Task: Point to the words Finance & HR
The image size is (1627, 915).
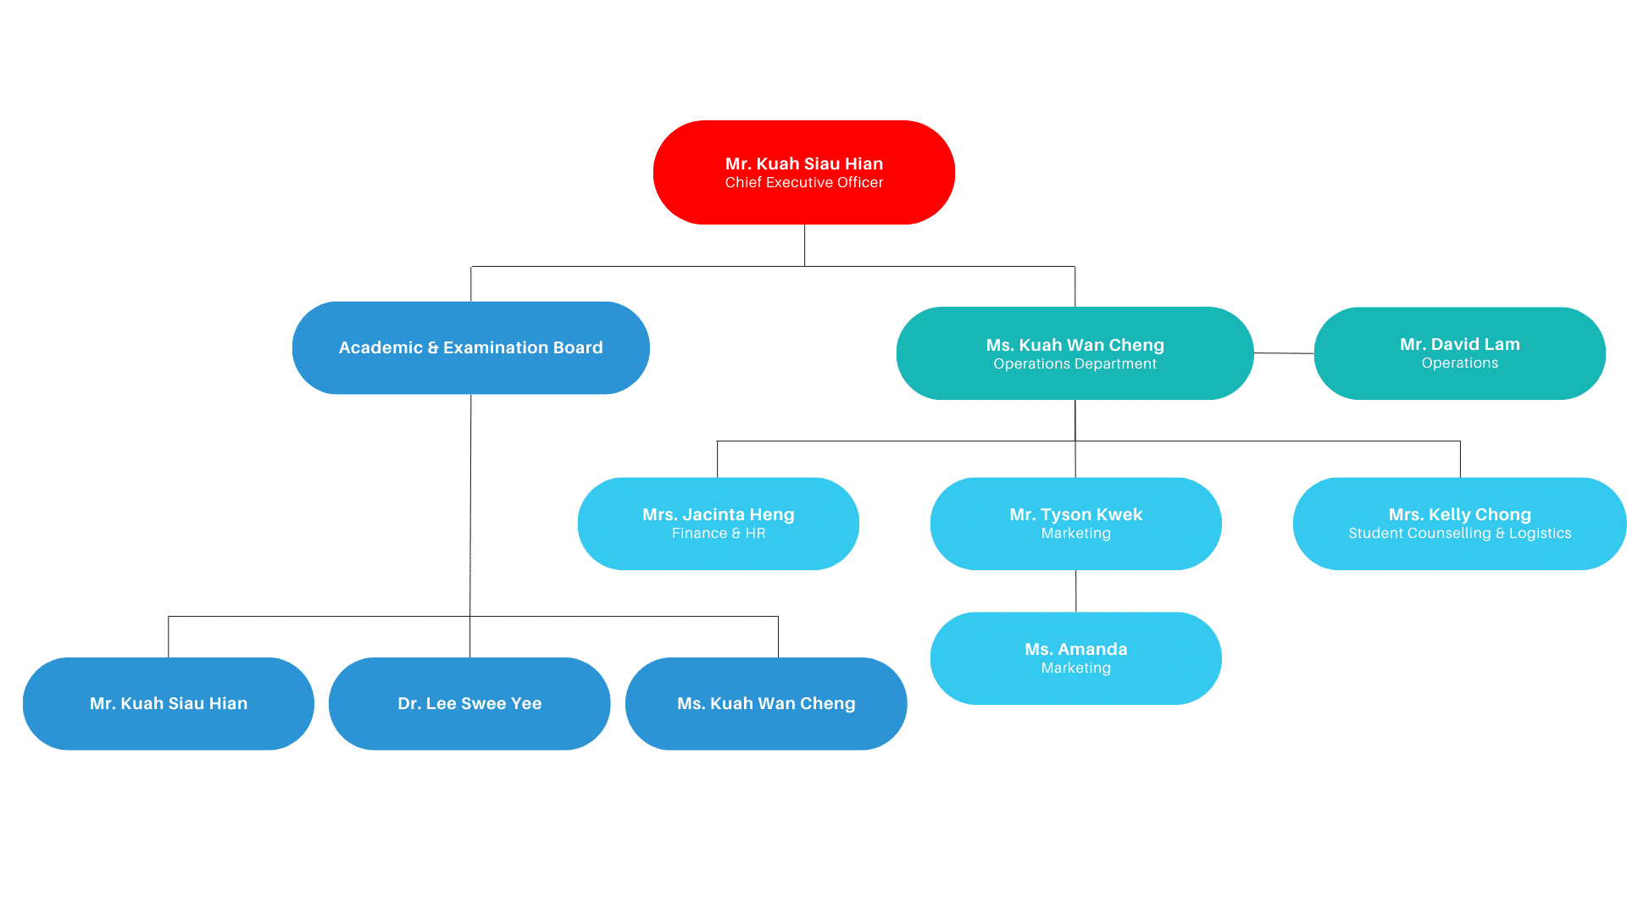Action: click(x=719, y=534)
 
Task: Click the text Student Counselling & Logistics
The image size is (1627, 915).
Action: click(x=1459, y=534)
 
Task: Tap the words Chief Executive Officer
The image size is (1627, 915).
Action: click(x=803, y=183)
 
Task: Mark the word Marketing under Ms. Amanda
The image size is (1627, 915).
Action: click(x=1075, y=668)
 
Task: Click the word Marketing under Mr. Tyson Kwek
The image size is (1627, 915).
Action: click(x=1075, y=534)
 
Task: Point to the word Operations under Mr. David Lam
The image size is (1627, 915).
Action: click(x=1459, y=363)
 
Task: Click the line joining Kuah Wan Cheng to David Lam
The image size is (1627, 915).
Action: click(x=1284, y=353)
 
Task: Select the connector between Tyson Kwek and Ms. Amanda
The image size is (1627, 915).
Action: click(x=1076, y=591)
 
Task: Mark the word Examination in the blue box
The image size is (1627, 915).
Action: click(x=496, y=347)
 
